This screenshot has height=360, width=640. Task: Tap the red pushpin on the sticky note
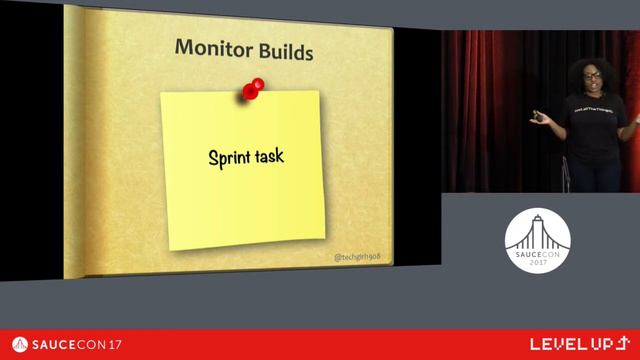pyautogui.click(x=252, y=89)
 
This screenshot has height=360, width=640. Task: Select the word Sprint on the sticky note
pyautogui.click(x=228, y=157)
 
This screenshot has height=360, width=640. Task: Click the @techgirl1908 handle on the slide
pyautogui.click(x=358, y=257)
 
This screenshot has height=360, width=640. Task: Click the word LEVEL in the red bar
pyautogui.click(x=556, y=345)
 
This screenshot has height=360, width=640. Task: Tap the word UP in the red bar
pyautogui.click(x=599, y=345)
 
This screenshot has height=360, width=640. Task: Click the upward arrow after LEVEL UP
pyautogui.click(x=621, y=344)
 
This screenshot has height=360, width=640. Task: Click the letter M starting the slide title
pyautogui.click(x=184, y=47)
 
